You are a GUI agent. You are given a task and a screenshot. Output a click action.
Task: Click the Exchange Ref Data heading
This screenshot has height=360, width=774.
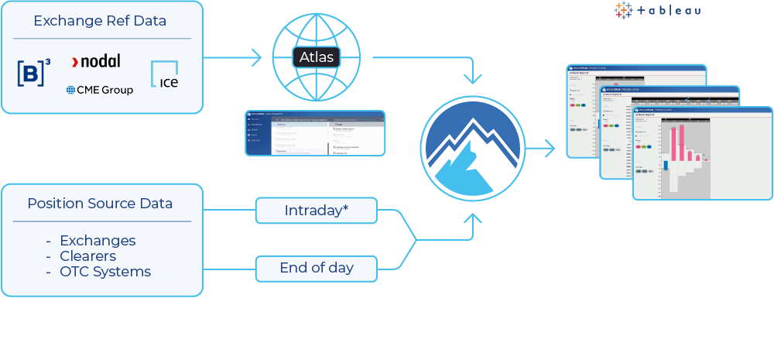tap(100, 21)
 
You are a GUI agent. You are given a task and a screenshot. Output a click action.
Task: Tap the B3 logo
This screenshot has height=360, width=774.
tap(34, 73)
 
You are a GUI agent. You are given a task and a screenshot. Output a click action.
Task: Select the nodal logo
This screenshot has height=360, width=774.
tap(96, 61)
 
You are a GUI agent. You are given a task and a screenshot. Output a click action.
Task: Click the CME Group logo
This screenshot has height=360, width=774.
tap(100, 90)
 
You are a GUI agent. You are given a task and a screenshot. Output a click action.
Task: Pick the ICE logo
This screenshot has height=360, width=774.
tap(164, 74)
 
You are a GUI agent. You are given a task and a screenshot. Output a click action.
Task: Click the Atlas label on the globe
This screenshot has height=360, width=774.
tap(317, 57)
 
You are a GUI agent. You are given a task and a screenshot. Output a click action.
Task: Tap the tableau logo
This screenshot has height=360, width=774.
tap(658, 10)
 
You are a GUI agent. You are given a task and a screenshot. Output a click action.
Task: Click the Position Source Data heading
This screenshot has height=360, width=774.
tap(100, 204)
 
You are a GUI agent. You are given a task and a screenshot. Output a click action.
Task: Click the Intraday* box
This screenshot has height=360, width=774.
tap(317, 211)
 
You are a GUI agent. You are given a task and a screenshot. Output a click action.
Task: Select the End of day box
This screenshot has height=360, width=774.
tap(317, 268)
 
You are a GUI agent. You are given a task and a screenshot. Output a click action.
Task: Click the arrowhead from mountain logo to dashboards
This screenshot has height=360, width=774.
tap(550, 149)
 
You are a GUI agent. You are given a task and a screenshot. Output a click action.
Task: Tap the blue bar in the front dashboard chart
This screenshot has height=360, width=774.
tap(665, 165)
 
